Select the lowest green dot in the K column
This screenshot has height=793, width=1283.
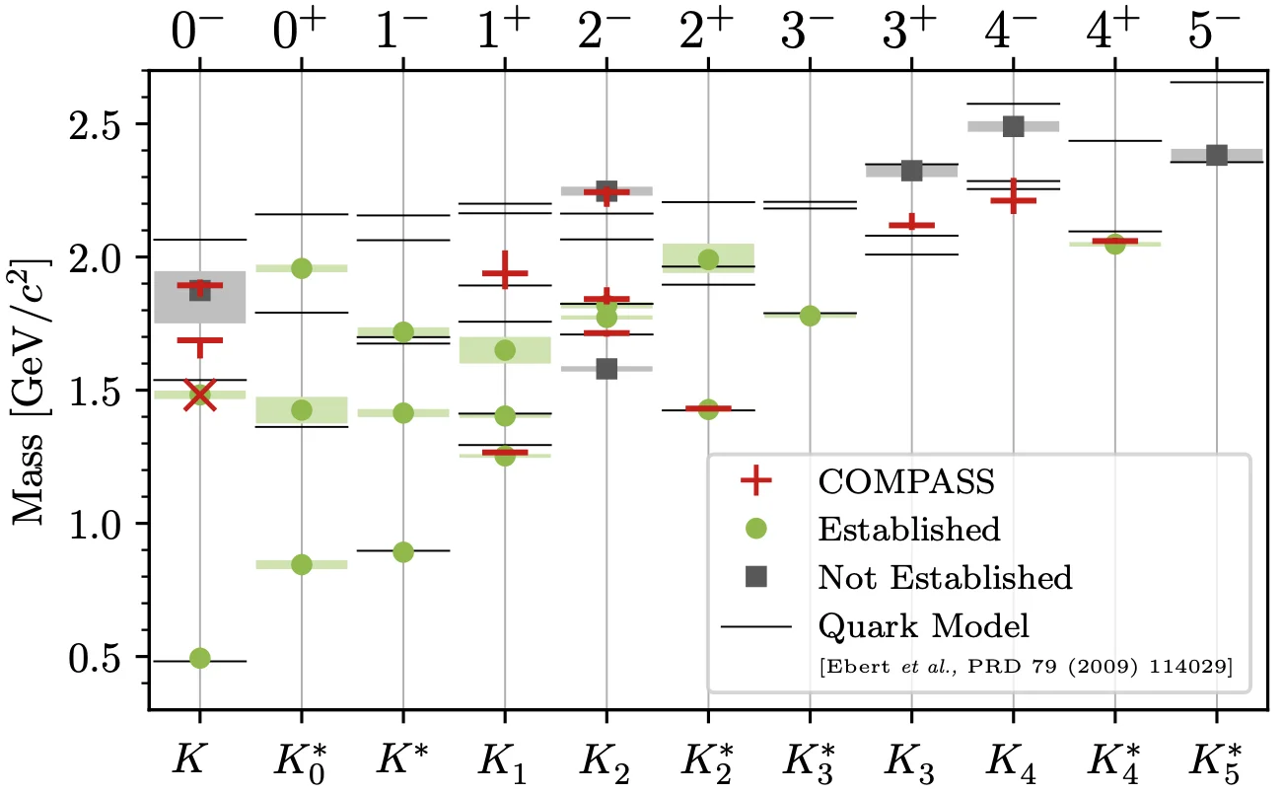click(x=199, y=658)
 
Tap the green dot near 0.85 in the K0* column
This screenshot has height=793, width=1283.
click(x=302, y=564)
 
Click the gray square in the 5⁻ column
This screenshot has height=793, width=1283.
click(x=1216, y=155)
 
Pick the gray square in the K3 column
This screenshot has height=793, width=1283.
click(x=911, y=171)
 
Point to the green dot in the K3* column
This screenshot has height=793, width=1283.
click(x=810, y=316)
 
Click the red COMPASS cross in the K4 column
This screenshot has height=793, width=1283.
click(x=1013, y=200)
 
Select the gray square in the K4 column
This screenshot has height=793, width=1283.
click(x=1013, y=126)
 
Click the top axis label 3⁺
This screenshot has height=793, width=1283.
click(x=912, y=35)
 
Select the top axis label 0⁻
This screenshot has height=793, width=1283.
click(x=200, y=35)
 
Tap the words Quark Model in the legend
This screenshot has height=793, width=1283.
click(x=923, y=625)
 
